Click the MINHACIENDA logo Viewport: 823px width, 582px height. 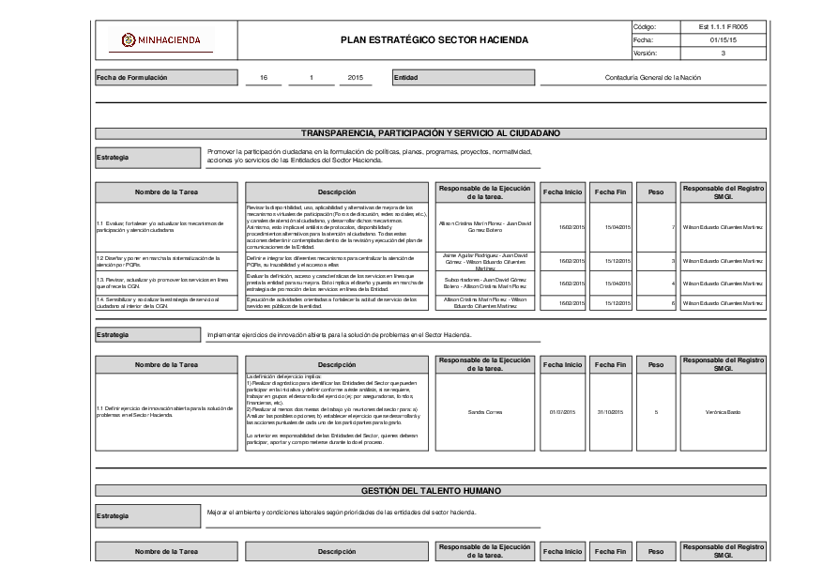coord(160,39)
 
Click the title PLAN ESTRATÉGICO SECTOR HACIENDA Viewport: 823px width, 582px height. coord(434,40)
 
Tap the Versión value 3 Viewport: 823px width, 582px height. coord(723,54)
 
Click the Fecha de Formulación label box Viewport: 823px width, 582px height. coord(164,78)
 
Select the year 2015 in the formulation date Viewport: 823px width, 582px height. coord(355,78)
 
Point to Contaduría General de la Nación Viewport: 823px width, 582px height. coord(653,78)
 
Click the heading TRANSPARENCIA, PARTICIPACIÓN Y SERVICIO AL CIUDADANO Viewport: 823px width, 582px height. coord(431,133)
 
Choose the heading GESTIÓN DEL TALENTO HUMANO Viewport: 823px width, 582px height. coord(431,491)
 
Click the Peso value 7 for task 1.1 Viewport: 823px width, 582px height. coord(673,227)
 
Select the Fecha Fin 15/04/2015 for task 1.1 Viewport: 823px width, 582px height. coord(616,227)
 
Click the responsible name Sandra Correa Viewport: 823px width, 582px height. coord(484,412)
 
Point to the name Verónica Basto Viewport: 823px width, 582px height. coord(722,412)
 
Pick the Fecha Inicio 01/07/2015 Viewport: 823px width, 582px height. coord(561,412)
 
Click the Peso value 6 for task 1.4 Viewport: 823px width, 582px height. coord(673,303)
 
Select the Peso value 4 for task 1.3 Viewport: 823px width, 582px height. coord(673,283)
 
